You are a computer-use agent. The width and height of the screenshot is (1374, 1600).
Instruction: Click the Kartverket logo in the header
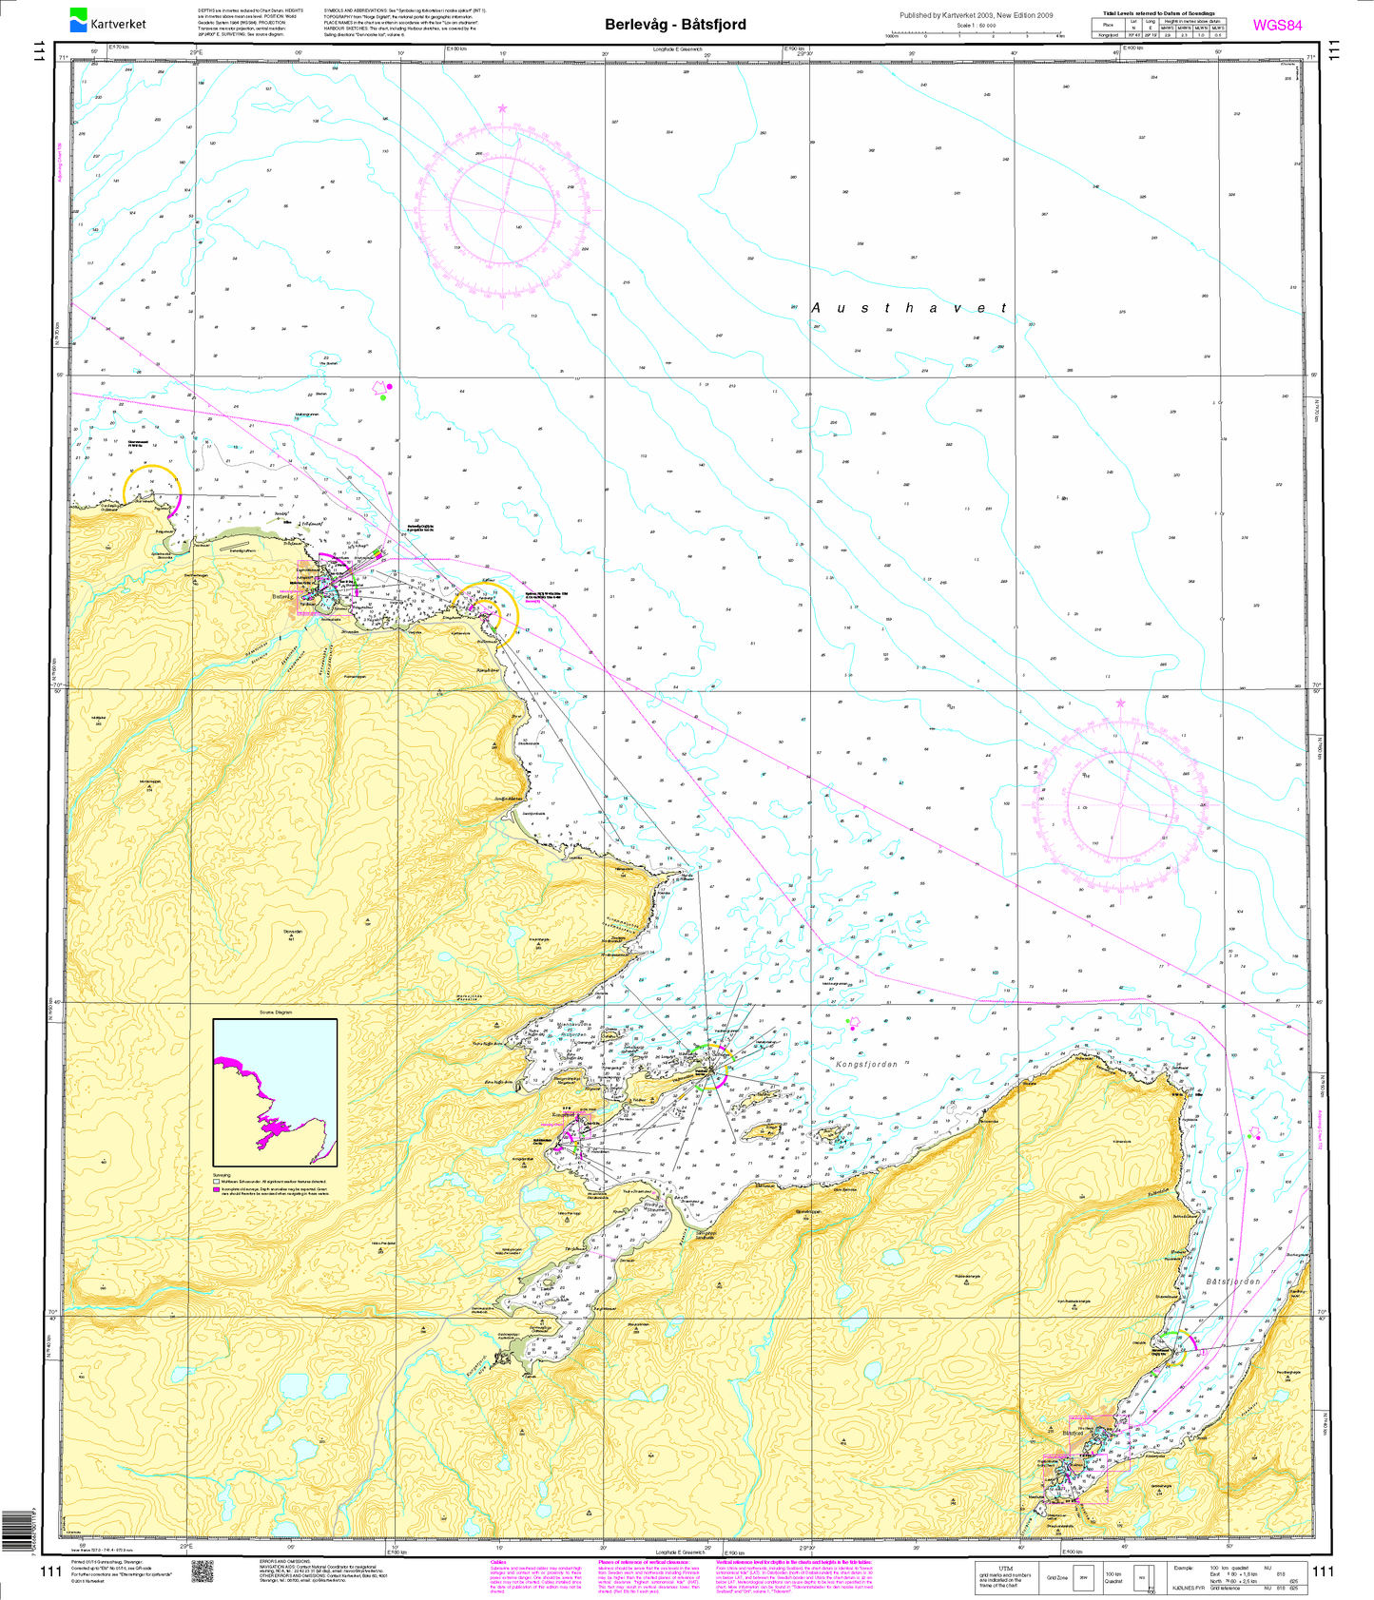click(107, 19)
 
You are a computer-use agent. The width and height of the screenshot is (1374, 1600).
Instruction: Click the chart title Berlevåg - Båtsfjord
click(675, 25)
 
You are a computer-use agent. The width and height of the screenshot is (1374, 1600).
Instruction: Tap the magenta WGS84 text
click(1277, 26)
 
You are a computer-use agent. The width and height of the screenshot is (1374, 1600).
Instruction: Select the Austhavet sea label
click(908, 308)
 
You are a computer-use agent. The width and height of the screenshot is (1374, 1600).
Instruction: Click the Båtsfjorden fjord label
click(1232, 1282)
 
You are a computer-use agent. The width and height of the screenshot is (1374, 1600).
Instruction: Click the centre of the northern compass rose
click(502, 209)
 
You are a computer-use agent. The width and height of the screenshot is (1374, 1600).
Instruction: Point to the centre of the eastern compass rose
click(1120, 806)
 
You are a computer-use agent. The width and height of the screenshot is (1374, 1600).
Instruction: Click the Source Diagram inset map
click(275, 1092)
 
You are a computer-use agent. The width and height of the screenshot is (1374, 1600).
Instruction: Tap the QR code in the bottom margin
click(203, 1571)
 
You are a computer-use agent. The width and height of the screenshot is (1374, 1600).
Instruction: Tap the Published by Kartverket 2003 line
click(976, 15)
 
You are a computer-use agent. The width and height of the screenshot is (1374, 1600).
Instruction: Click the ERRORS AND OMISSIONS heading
click(286, 1561)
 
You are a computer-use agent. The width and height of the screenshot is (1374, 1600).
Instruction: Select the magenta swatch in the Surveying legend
click(217, 1189)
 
